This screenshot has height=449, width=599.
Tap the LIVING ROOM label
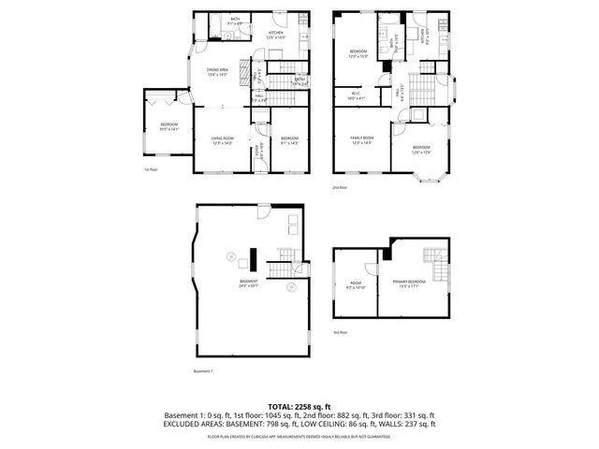(222, 142)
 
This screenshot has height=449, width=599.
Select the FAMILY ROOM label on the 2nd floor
(361, 140)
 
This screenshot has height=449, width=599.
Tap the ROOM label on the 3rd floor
(356, 288)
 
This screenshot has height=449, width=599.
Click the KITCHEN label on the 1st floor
(276, 35)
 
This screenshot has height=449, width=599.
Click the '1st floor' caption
(150, 169)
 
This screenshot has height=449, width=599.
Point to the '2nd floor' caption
(340, 188)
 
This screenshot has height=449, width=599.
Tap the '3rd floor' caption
(341, 331)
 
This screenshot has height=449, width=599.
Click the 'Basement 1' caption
(203, 371)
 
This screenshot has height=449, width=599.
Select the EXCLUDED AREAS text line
(299, 425)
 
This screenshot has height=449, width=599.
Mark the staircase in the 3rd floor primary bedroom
(431, 257)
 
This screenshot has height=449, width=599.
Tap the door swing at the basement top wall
(265, 212)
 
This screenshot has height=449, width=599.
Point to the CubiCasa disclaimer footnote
(299, 436)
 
